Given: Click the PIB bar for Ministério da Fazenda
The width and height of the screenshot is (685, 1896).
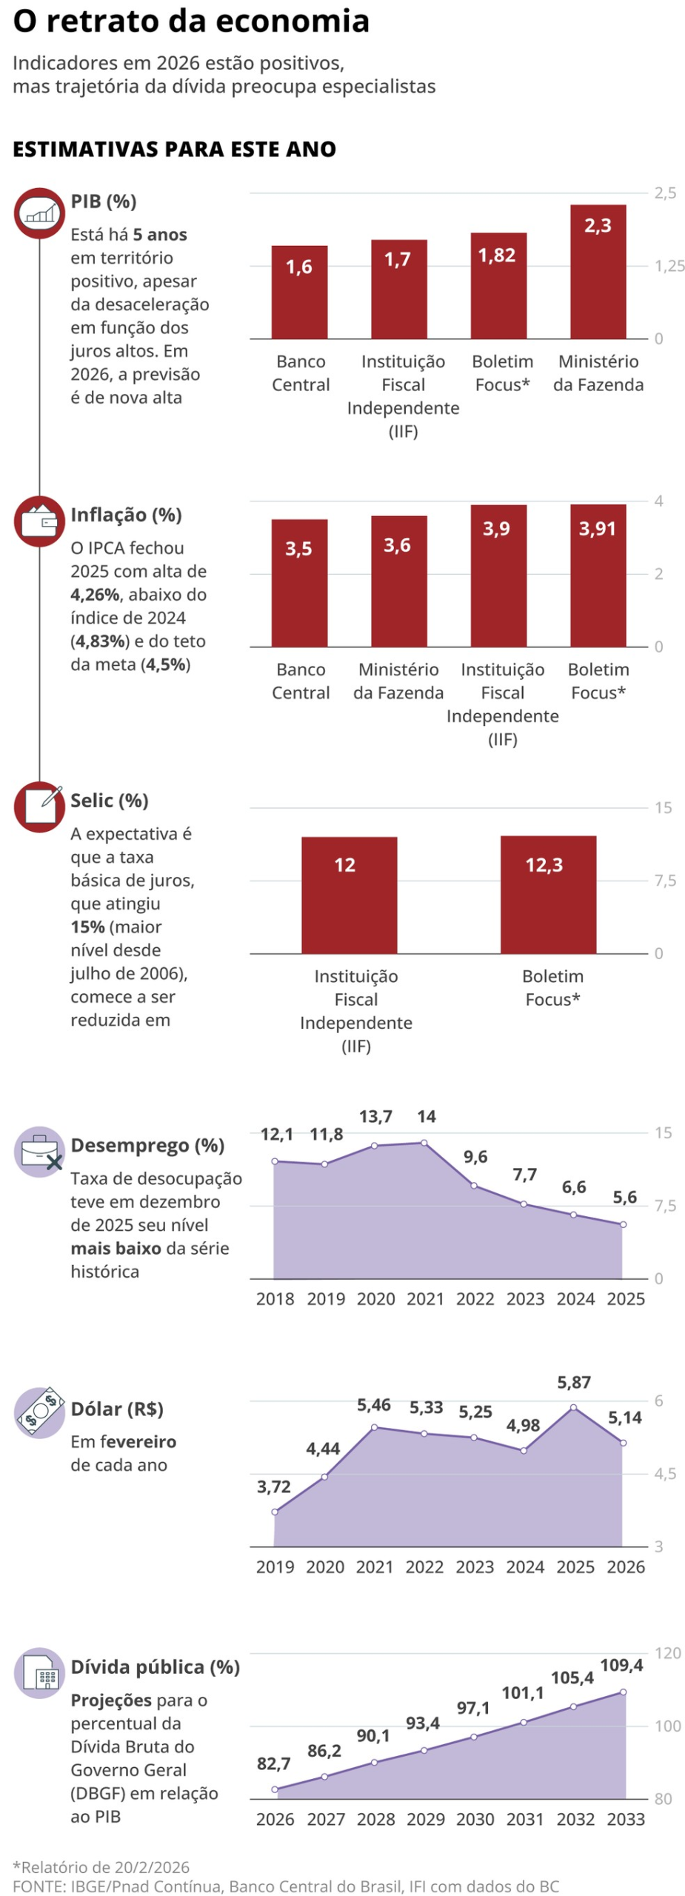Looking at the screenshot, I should [598, 272].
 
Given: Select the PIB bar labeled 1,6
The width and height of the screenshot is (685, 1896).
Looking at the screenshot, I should [299, 292].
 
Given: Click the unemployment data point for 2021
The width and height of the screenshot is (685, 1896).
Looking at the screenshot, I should [424, 1143].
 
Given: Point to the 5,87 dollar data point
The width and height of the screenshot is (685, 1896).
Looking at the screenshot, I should [573, 1407].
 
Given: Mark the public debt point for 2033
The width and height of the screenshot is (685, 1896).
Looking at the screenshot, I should [623, 1692].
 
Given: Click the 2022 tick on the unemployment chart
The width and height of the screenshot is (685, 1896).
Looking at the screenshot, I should [475, 1298].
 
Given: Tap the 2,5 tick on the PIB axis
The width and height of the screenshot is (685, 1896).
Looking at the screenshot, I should [664, 193].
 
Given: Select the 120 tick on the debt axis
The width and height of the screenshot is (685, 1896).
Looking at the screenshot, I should [667, 1652].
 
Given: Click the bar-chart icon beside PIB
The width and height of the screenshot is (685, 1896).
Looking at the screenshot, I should [40, 213].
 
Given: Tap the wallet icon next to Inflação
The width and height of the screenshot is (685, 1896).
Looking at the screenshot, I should [40, 521].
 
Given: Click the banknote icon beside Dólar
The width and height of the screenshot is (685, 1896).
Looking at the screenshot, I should [40, 1411].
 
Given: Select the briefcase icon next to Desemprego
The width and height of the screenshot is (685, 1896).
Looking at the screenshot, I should [40, 1152].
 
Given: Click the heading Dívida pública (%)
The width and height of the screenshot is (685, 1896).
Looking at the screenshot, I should [155, 1666].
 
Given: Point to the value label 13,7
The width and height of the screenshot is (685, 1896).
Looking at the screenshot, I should [375, 1116].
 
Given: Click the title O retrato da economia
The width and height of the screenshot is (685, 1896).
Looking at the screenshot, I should [191, 21].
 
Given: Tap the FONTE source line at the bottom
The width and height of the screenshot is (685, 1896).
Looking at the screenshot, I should [285, 1886].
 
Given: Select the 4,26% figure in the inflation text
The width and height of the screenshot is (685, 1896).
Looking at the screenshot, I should [95, 595].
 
